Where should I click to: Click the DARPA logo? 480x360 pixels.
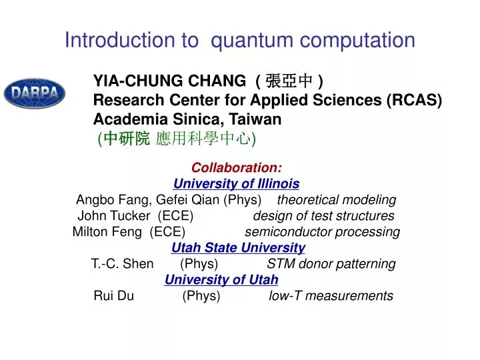34,93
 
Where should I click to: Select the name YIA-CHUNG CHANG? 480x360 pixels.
169,81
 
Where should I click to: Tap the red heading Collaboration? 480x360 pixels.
237,167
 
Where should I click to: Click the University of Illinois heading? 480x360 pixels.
236,183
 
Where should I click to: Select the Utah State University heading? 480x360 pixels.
238,248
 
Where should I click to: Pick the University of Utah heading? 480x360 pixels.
221,279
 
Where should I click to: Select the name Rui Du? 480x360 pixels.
114,296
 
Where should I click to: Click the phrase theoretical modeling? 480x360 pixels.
337,200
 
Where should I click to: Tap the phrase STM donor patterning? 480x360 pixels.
331,264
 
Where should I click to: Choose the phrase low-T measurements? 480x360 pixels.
331,296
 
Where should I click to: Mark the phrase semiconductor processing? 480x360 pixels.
322,232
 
